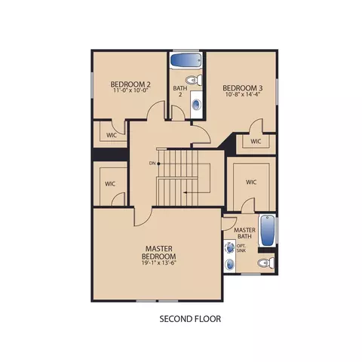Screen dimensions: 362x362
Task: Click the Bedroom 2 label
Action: click(130, 84)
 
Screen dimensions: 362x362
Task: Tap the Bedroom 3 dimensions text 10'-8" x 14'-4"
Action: click(243, 94)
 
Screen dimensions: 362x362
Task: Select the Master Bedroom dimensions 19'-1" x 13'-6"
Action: click(158, 262)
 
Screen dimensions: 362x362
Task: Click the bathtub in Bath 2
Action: click(186, 60)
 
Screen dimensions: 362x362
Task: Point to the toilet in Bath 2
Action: click(194, 80)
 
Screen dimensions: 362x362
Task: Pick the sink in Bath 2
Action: click(196, 104)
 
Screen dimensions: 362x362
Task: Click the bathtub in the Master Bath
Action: click(267, 230)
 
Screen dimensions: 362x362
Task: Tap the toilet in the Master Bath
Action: click(265, 263)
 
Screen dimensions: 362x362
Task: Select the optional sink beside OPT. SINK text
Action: click(230, 247)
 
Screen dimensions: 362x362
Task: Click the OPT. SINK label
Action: click(241, 248)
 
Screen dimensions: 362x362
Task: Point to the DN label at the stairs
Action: click(152, 164)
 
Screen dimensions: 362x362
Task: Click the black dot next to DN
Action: click(158, 164)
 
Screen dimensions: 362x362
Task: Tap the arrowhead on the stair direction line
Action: click(185, 193)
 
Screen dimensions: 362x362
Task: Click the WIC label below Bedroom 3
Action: click(256, 141)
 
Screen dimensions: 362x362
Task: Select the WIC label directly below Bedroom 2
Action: click(112, 135)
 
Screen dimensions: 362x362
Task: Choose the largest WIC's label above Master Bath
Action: click(251, 182)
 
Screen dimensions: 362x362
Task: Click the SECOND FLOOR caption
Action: click(190, 319)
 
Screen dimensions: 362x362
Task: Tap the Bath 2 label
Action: click(180, 91)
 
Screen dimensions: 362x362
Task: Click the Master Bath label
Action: click(244, 233)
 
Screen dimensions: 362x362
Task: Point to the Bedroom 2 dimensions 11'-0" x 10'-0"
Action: click(130, 90)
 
